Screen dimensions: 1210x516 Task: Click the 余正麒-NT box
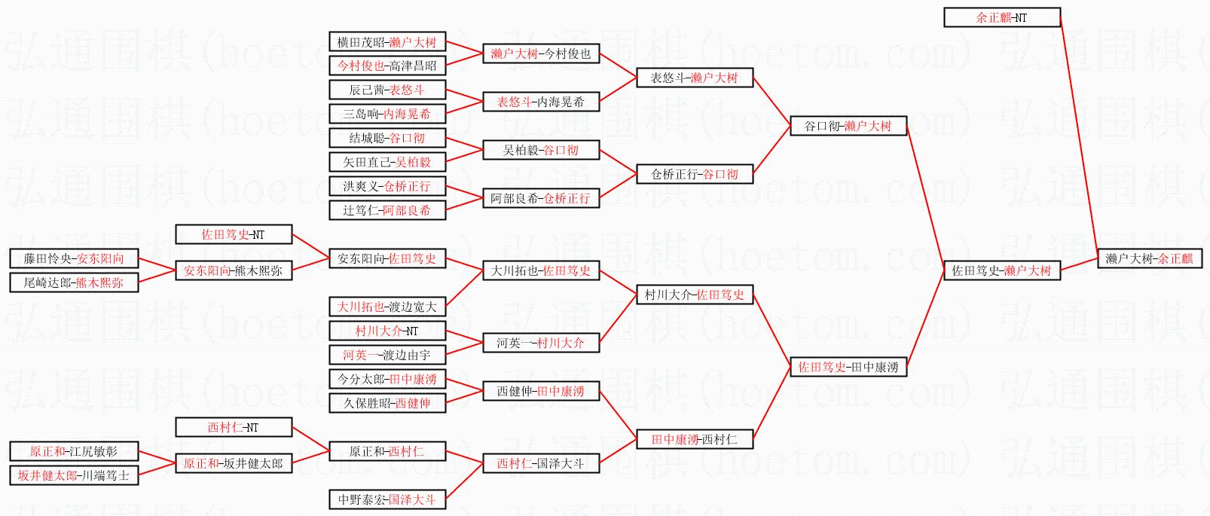(x=1001, y=17)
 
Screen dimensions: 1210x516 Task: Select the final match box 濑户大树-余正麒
(x=1149, y=258)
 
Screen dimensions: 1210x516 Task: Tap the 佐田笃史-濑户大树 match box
(x=1001, y=270)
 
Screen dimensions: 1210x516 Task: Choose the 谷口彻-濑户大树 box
(x=848, y=126)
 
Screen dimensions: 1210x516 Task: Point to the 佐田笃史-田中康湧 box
(x=848, y=367)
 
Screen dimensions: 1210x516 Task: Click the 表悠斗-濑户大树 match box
(x=694, y=78)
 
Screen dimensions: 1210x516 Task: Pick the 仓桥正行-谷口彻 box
(x=694, y=174)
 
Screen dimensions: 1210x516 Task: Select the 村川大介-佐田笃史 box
(x=694, y=295)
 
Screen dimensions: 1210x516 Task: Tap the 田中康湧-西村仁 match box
(x=694, y=439)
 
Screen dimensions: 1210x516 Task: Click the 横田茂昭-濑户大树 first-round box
(x=387, y=41)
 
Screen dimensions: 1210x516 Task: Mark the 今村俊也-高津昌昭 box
(x=387, y=66)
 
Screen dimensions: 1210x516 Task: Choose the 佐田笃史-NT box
(x=233, y=234)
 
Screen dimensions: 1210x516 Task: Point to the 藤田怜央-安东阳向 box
(x=74, y=258)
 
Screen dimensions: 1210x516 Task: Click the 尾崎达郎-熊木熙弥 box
(x=74, y=282)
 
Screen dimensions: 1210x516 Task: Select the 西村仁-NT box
(x=233, y=427)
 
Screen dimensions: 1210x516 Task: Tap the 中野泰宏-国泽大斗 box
(x=387, y=499)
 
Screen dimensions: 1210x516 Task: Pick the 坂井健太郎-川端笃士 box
(x=74, y=475)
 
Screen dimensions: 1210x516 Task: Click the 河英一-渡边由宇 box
(x=387, y=355)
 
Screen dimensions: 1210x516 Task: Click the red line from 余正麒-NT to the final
(x=1079, y=136)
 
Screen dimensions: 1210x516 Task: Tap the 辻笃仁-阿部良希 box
(x=387, y=210)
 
